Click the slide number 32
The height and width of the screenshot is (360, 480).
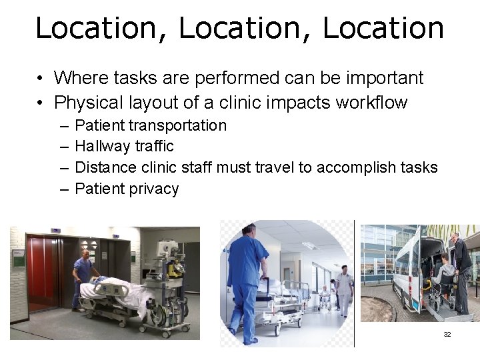pyautogui.click(x=447, y=334)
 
